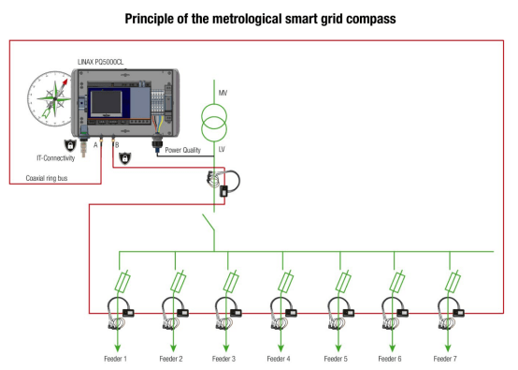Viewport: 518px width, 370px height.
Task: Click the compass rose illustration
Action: [x=50, y=97]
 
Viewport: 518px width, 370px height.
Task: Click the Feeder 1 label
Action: [x=116, y=358]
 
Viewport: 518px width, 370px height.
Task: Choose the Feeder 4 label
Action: [x=277, y=358]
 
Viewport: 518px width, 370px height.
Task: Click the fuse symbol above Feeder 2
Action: [x=177, y=281]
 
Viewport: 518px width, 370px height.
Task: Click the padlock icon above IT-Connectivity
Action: [x=68, y=145]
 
